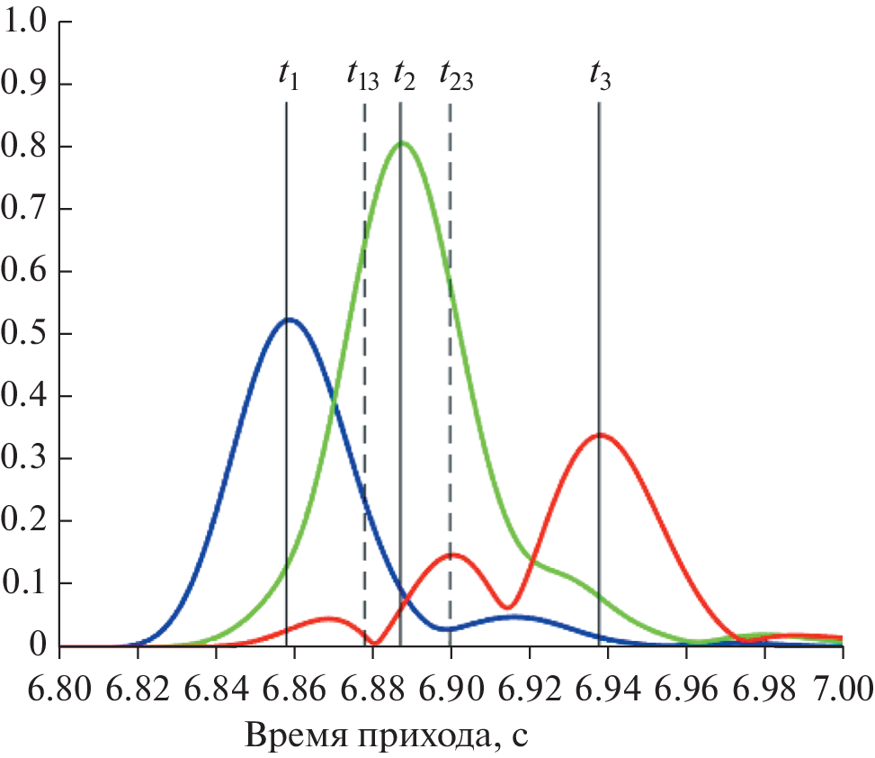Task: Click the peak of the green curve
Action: (x=403, y=142)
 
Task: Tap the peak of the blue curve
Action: (x=289, y=319)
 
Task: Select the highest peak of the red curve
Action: (x=600, y=435)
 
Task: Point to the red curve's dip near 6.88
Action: (x=377, y=643)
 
